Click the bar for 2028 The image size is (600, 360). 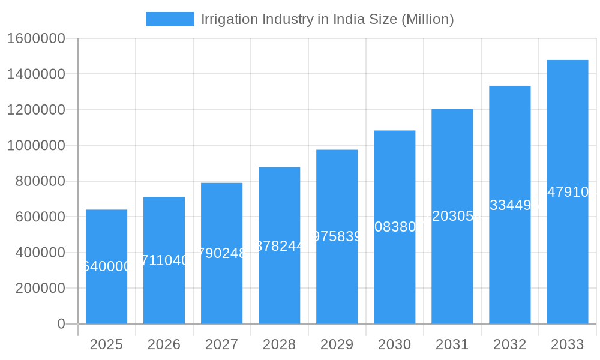click(279, 288)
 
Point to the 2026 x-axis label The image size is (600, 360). click(164, 344)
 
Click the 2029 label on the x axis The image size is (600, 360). click(337, 344)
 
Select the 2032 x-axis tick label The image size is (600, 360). click(509, 344)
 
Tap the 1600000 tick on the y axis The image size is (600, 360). click(36, 38)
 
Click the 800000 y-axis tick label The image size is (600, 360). click(40, 181)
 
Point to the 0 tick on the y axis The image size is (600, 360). click(61, 324)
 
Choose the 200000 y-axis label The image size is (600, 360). click(40, 288)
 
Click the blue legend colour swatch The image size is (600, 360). click(169, 19)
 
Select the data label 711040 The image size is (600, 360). click(164, 260)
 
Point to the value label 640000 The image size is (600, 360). click(106, 266)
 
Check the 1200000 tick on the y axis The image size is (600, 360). click(36, 110)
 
